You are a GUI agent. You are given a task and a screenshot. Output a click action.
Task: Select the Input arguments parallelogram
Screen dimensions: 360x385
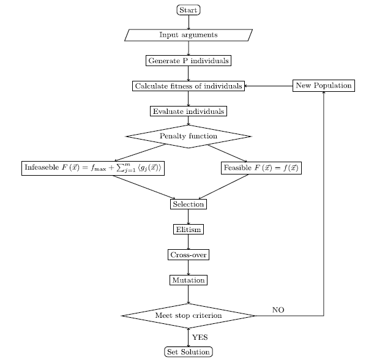pos(188,35)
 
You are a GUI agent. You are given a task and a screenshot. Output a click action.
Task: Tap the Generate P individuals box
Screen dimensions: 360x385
pos(189,61)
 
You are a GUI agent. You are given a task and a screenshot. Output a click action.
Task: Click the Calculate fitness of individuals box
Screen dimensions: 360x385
pos(189,86)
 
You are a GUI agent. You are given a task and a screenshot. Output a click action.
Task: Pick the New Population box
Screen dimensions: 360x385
pos(323,86)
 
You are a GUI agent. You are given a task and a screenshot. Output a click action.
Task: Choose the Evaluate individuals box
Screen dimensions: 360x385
pos(189,111)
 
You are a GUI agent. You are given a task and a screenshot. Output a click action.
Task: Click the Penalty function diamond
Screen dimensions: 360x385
pos(189,136)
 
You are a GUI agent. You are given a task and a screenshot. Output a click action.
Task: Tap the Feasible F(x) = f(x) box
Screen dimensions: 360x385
pos(262,168)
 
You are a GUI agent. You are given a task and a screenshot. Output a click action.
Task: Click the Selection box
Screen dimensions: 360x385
pos(188,204)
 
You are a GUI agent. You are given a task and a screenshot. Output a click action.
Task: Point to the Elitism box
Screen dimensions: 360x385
pos(188,230)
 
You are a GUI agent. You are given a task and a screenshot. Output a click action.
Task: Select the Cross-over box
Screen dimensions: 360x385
pos(188,255)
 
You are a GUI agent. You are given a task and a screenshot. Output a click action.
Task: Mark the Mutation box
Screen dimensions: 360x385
pos(188,280)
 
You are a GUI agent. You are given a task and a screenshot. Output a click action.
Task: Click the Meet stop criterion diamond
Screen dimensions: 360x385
pos(188,315)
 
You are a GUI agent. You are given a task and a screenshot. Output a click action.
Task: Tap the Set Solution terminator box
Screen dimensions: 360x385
pos(189,351)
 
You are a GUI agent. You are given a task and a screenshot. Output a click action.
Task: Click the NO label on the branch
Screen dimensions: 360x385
pos(278,310)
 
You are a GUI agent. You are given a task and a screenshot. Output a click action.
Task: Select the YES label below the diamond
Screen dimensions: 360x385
pos(200,337)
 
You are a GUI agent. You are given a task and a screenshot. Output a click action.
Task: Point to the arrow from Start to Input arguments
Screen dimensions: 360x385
pos(189,21)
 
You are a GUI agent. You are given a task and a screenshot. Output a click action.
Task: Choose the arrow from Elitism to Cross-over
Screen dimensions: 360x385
pos(188,242)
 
